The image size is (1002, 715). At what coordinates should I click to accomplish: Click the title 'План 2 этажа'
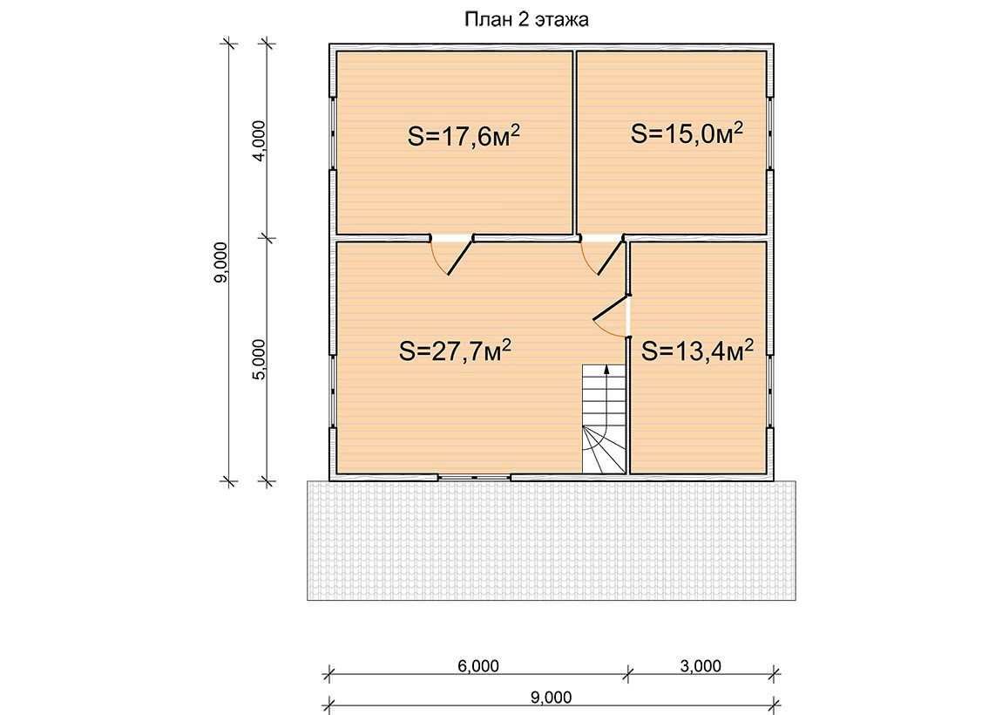(x=526, y=20)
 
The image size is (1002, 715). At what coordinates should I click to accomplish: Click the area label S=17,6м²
(x=464, y=136)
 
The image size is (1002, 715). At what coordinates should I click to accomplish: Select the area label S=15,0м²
(x=687, y=133)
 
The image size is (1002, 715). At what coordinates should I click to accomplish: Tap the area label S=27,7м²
(x=455, y=351)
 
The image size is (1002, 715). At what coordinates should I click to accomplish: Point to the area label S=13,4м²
(x=697, y=351)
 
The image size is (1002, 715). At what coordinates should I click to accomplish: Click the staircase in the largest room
(x=603, y=419)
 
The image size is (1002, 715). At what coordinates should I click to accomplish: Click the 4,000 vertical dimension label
(x=259, y=140)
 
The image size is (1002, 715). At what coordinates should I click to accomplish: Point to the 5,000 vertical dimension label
(x=259, y=359)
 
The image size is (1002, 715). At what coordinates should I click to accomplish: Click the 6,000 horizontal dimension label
(x=478, y=666)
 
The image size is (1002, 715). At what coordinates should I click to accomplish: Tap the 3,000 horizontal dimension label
(x=701, y=666)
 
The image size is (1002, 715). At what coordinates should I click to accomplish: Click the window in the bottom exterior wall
(x=474, y=477)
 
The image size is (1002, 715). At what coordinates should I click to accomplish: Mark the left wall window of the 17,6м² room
(x=333, y=133)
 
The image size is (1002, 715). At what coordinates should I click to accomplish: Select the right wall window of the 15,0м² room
(x=770, y=133)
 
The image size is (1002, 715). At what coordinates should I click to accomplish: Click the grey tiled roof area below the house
(x=552, y=541)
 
